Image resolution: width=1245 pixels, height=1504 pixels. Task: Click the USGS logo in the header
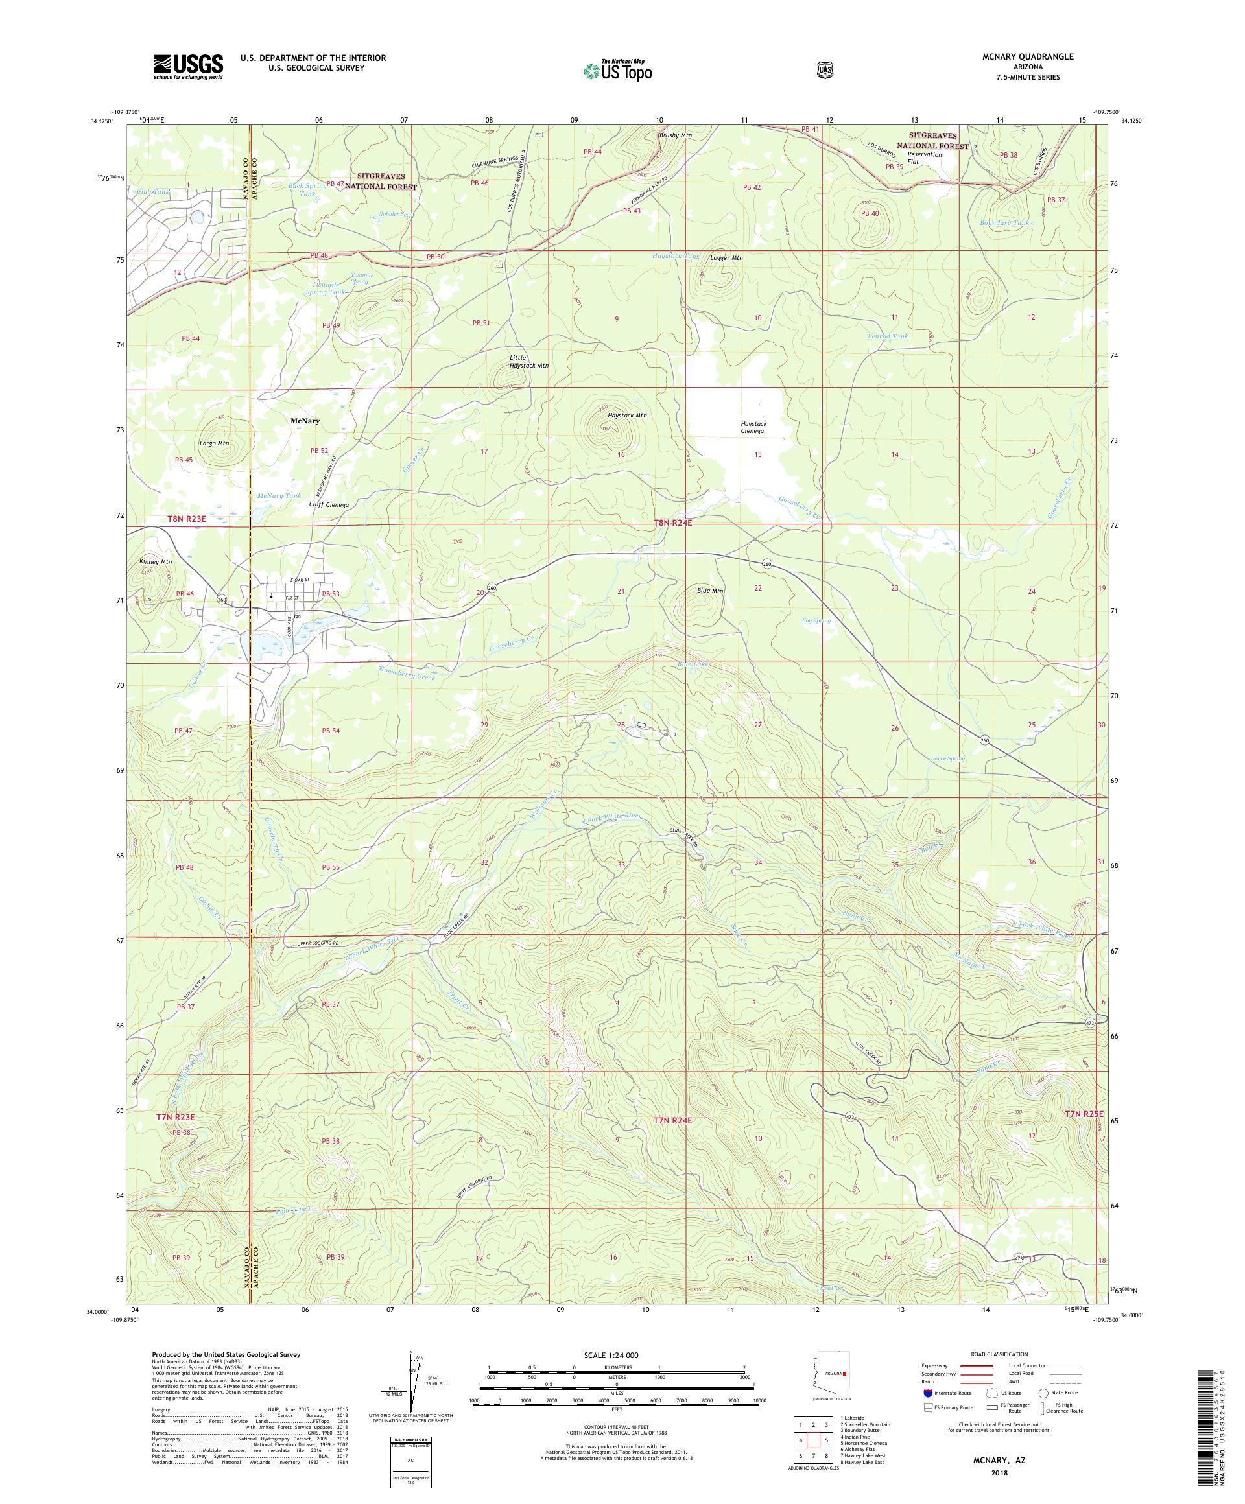pos(187,67)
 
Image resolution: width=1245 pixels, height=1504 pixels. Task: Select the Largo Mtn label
pos(214,443)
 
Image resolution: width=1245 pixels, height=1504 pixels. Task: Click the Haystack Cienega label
pos(753,428)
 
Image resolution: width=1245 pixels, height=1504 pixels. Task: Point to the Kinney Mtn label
pos(156,562)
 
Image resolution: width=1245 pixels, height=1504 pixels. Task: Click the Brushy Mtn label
pos(675,135)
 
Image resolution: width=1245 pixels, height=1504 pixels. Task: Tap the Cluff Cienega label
pos(329,505)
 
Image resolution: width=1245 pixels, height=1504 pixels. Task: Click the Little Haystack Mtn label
pos(528,361)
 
